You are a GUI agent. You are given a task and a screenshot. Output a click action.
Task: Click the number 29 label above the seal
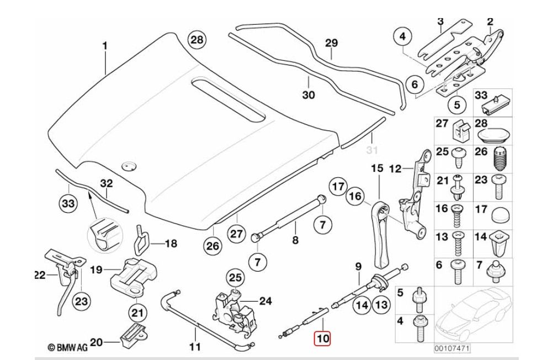(331, 43)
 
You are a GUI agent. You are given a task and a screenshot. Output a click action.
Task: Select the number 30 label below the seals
(308, 95)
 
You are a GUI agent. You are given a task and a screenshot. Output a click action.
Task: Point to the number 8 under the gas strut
(295, 240)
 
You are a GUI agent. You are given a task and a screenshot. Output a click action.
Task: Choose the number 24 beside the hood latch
(266, 301)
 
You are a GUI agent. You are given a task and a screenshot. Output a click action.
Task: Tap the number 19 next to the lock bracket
(97, 270)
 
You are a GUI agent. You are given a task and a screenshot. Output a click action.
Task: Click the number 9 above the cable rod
(358, 267)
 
